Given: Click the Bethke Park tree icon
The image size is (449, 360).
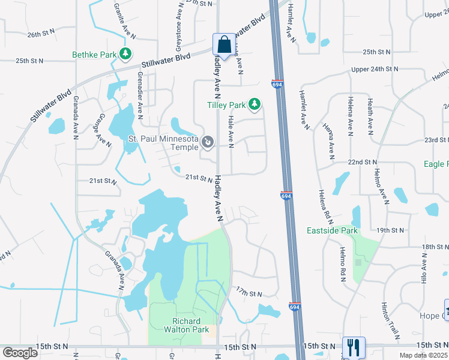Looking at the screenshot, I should pyautogui.click(x=125, y=55).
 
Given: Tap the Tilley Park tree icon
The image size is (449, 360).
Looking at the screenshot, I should pyautogui.click(x=255, y=105).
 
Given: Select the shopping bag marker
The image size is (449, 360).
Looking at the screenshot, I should pyautogui.click(x=224, y=45).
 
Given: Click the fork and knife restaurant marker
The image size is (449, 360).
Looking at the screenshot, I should pyautogui.click(x=353, y=347).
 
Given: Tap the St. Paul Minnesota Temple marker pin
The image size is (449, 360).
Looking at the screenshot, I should pyautogui.click(x=208, y=142).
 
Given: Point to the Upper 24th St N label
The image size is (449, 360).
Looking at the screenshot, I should pyautogui.click(x=375, y=70).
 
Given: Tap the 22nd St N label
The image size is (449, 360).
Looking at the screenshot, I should pyautogui.click(x=361, y=162).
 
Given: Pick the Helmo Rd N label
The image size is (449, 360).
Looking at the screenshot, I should pyautogui.click(x=343, y=264).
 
